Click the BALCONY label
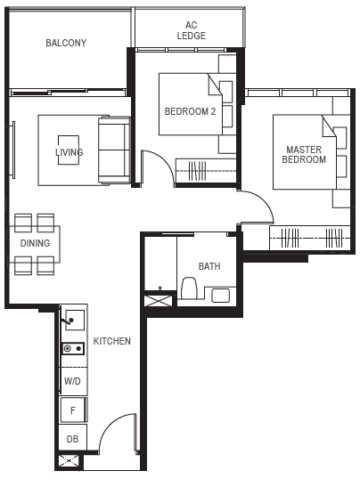point(66,43)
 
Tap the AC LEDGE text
point(192,30)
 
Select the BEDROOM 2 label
point(190,111)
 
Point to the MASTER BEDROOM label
point(304,155)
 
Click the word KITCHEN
point(112,341)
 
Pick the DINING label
point(35,243)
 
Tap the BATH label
point(209,266)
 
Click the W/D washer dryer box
point(73,381)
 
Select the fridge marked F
point(73,410)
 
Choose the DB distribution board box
point(73,438)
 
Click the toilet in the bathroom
point(189,288)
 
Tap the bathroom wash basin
point(220,295)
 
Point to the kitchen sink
point(75,320)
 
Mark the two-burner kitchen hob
point(73,348)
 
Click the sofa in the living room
point(114,150)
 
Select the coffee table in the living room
point(69,150)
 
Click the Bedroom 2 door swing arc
point(165,163)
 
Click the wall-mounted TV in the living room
point(13,150)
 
